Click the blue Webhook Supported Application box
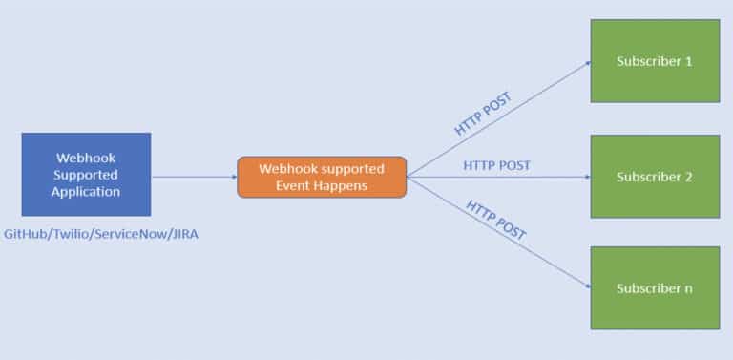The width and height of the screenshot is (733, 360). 86,174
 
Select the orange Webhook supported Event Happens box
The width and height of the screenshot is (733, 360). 322,177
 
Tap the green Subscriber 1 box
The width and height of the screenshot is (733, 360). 655,60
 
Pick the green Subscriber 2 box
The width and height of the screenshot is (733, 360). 655,177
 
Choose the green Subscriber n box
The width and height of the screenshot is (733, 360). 655,287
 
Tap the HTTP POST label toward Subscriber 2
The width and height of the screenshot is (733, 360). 496,165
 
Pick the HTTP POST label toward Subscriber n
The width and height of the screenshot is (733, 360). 497,220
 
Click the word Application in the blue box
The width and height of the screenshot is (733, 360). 86,191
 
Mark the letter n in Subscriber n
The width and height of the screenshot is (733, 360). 688,287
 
